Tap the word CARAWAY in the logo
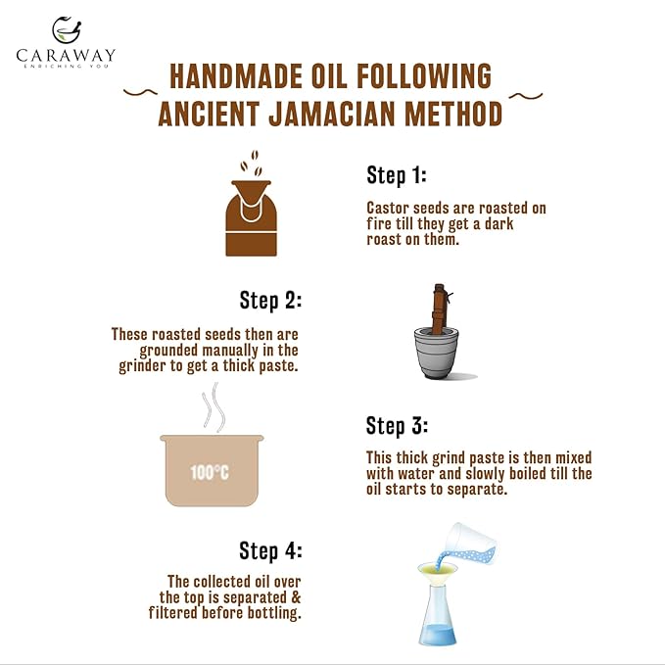click(x=67, y=55)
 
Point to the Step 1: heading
click(x=397, y=175)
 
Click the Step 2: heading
click(x=270, y=299)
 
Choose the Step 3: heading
click(x=397, y=426)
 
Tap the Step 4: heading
click(x=270, y=549)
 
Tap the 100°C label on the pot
click(x=210, y=473)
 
